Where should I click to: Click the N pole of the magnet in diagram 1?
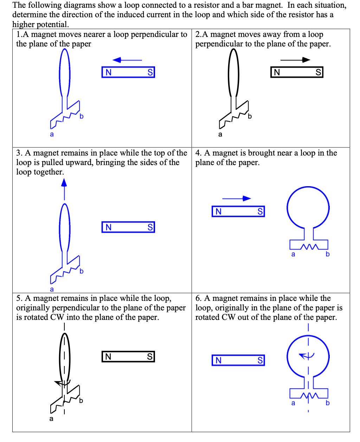(x=108, y=72)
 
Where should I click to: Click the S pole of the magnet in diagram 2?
(x=318, y=72)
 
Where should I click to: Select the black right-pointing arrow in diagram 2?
(x=295, y=60)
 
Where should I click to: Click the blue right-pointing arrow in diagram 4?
(x=236, y=198)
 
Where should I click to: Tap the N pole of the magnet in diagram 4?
(x=218, y=211)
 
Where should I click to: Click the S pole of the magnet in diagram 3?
(x=150, y=227)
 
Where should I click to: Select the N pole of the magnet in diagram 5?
(x=108, y=357)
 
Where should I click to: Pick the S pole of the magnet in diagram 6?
(x=260, y=360)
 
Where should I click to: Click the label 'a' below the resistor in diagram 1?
(x=52, y=134)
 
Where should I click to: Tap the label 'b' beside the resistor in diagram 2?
(x=250, y=116)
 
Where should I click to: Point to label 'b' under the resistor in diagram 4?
(x=328, y=254)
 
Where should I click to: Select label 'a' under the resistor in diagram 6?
(x=293, y=403)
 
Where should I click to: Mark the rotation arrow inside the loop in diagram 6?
(x=306, y=356)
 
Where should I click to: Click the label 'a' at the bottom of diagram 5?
(x=51, y=419)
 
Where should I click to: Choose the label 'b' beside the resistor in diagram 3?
(x=81, y=271)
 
